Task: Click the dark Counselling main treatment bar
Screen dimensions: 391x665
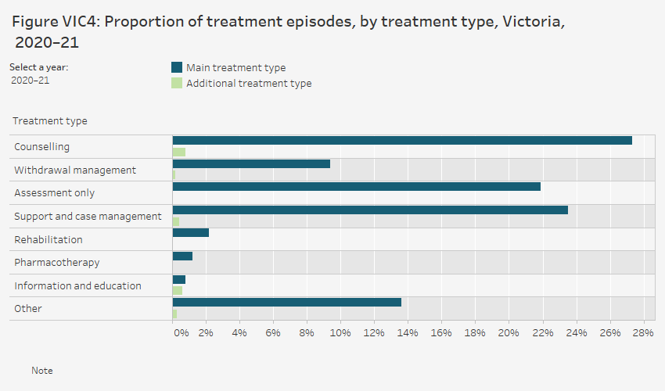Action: [402, 141]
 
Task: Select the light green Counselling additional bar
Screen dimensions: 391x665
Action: [179, 152]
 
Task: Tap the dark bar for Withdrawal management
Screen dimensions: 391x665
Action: [251, 164]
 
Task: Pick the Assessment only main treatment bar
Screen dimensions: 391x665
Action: [357, 187]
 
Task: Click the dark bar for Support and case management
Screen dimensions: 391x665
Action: [370, 210]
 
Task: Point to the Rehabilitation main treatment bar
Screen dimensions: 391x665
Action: [191, 233]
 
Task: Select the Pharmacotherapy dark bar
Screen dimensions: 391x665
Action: [182, 256]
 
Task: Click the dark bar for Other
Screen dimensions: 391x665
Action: [287, 303]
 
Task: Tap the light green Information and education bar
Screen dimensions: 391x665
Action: [178, 290]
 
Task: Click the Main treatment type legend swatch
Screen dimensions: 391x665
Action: [177, 68]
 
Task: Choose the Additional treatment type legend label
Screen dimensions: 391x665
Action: [249, 84]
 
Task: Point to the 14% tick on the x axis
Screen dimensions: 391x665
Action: [408, 333]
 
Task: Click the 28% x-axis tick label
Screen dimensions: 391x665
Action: [643, 333]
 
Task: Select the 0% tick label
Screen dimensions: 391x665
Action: [181, 333]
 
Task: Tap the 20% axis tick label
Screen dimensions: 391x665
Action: [509, 333]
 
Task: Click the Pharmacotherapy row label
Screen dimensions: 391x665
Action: [57, 263]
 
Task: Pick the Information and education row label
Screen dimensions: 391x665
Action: [77, 285]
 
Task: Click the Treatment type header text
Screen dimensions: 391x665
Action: [50, 121]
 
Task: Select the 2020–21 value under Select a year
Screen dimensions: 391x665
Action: [31, 80]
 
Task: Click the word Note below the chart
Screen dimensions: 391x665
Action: [42, 371]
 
